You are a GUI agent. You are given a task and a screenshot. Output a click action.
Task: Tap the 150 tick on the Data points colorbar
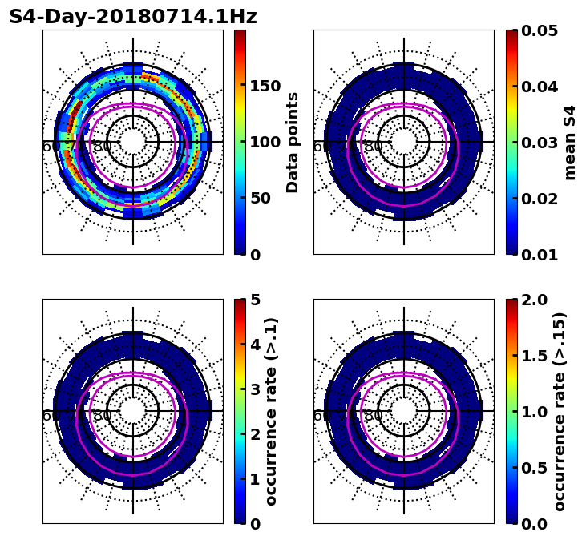(x=265, y=87)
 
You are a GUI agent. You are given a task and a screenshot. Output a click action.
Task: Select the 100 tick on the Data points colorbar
(x=265, y=143)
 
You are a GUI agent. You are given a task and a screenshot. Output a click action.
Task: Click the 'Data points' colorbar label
(x=293, y=143)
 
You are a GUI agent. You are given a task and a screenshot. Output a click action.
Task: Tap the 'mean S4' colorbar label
(x=570, y=143)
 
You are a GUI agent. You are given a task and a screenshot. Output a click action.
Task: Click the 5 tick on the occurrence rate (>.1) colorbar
(x=255, y=300)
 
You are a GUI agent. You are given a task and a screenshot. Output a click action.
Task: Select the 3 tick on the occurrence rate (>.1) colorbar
(x=255, y=389)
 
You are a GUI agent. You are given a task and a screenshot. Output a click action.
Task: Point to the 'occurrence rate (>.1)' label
(x=272, y=412)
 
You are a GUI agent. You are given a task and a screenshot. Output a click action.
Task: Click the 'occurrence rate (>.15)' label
(x=560, y=412)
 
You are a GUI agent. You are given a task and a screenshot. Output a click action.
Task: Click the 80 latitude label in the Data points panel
(x=103, y=147)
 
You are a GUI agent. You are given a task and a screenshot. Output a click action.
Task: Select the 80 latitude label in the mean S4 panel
(x=374, y=147)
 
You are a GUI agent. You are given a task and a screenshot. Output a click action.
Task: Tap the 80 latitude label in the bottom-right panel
(x=374, y=417)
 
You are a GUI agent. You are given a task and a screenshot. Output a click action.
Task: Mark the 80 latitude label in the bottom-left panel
(x=103, y=417)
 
